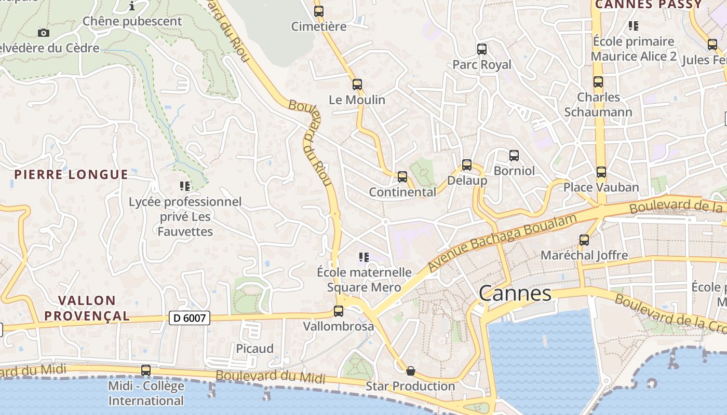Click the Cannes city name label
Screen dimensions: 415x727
[x=515, y=294]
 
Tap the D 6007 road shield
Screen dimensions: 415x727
[x=189, y=318]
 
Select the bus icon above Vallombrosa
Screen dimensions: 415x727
[x=339, y=311]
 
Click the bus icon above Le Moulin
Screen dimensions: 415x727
[x=357, y=85]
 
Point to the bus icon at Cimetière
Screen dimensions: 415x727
[x=318, y=11]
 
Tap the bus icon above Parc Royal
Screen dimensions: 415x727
[x=482, y=49]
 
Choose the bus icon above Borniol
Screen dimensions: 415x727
[x=514, y=156]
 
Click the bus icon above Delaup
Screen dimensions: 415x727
[x=467, y=165]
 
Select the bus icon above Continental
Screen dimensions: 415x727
[x=402, y=177]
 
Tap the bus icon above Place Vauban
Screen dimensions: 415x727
[x=601, y=172]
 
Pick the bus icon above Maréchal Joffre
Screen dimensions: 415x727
[x=584, y=240]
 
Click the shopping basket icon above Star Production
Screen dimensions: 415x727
[x=410, y=371]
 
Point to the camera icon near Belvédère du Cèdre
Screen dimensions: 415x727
[x=44, y=33]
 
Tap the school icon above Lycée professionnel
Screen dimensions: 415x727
[x=185, y=186]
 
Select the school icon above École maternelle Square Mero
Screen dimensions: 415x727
[x=364, y=257]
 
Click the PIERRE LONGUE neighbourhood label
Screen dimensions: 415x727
[x=71, y=174]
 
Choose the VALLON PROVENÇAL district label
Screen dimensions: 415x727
[x=87, y=308]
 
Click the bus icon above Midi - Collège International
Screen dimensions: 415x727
[x=146, y=370]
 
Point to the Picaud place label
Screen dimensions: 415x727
[x=254, y=349]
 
